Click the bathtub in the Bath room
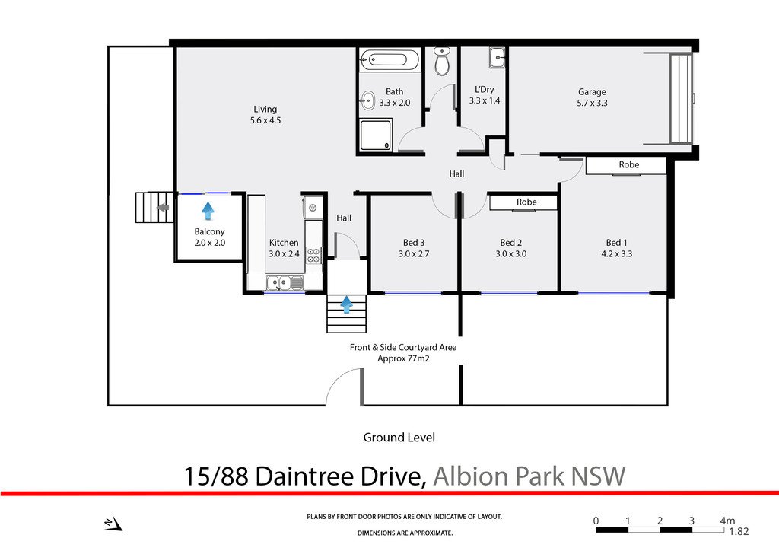[390, 60]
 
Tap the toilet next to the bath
[442, 62]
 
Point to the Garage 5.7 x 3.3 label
[592, 97]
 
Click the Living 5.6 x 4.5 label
[265, 114]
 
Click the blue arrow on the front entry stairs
[347, 305]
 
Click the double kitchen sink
[285, 283]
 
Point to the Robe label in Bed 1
[628, 165]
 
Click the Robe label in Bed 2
[526, 202]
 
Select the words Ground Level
[398, 438]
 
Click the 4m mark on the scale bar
[727, 521]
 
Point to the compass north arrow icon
[113, 523]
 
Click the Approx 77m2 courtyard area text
[403, 358]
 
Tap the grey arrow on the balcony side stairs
[162, 207]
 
